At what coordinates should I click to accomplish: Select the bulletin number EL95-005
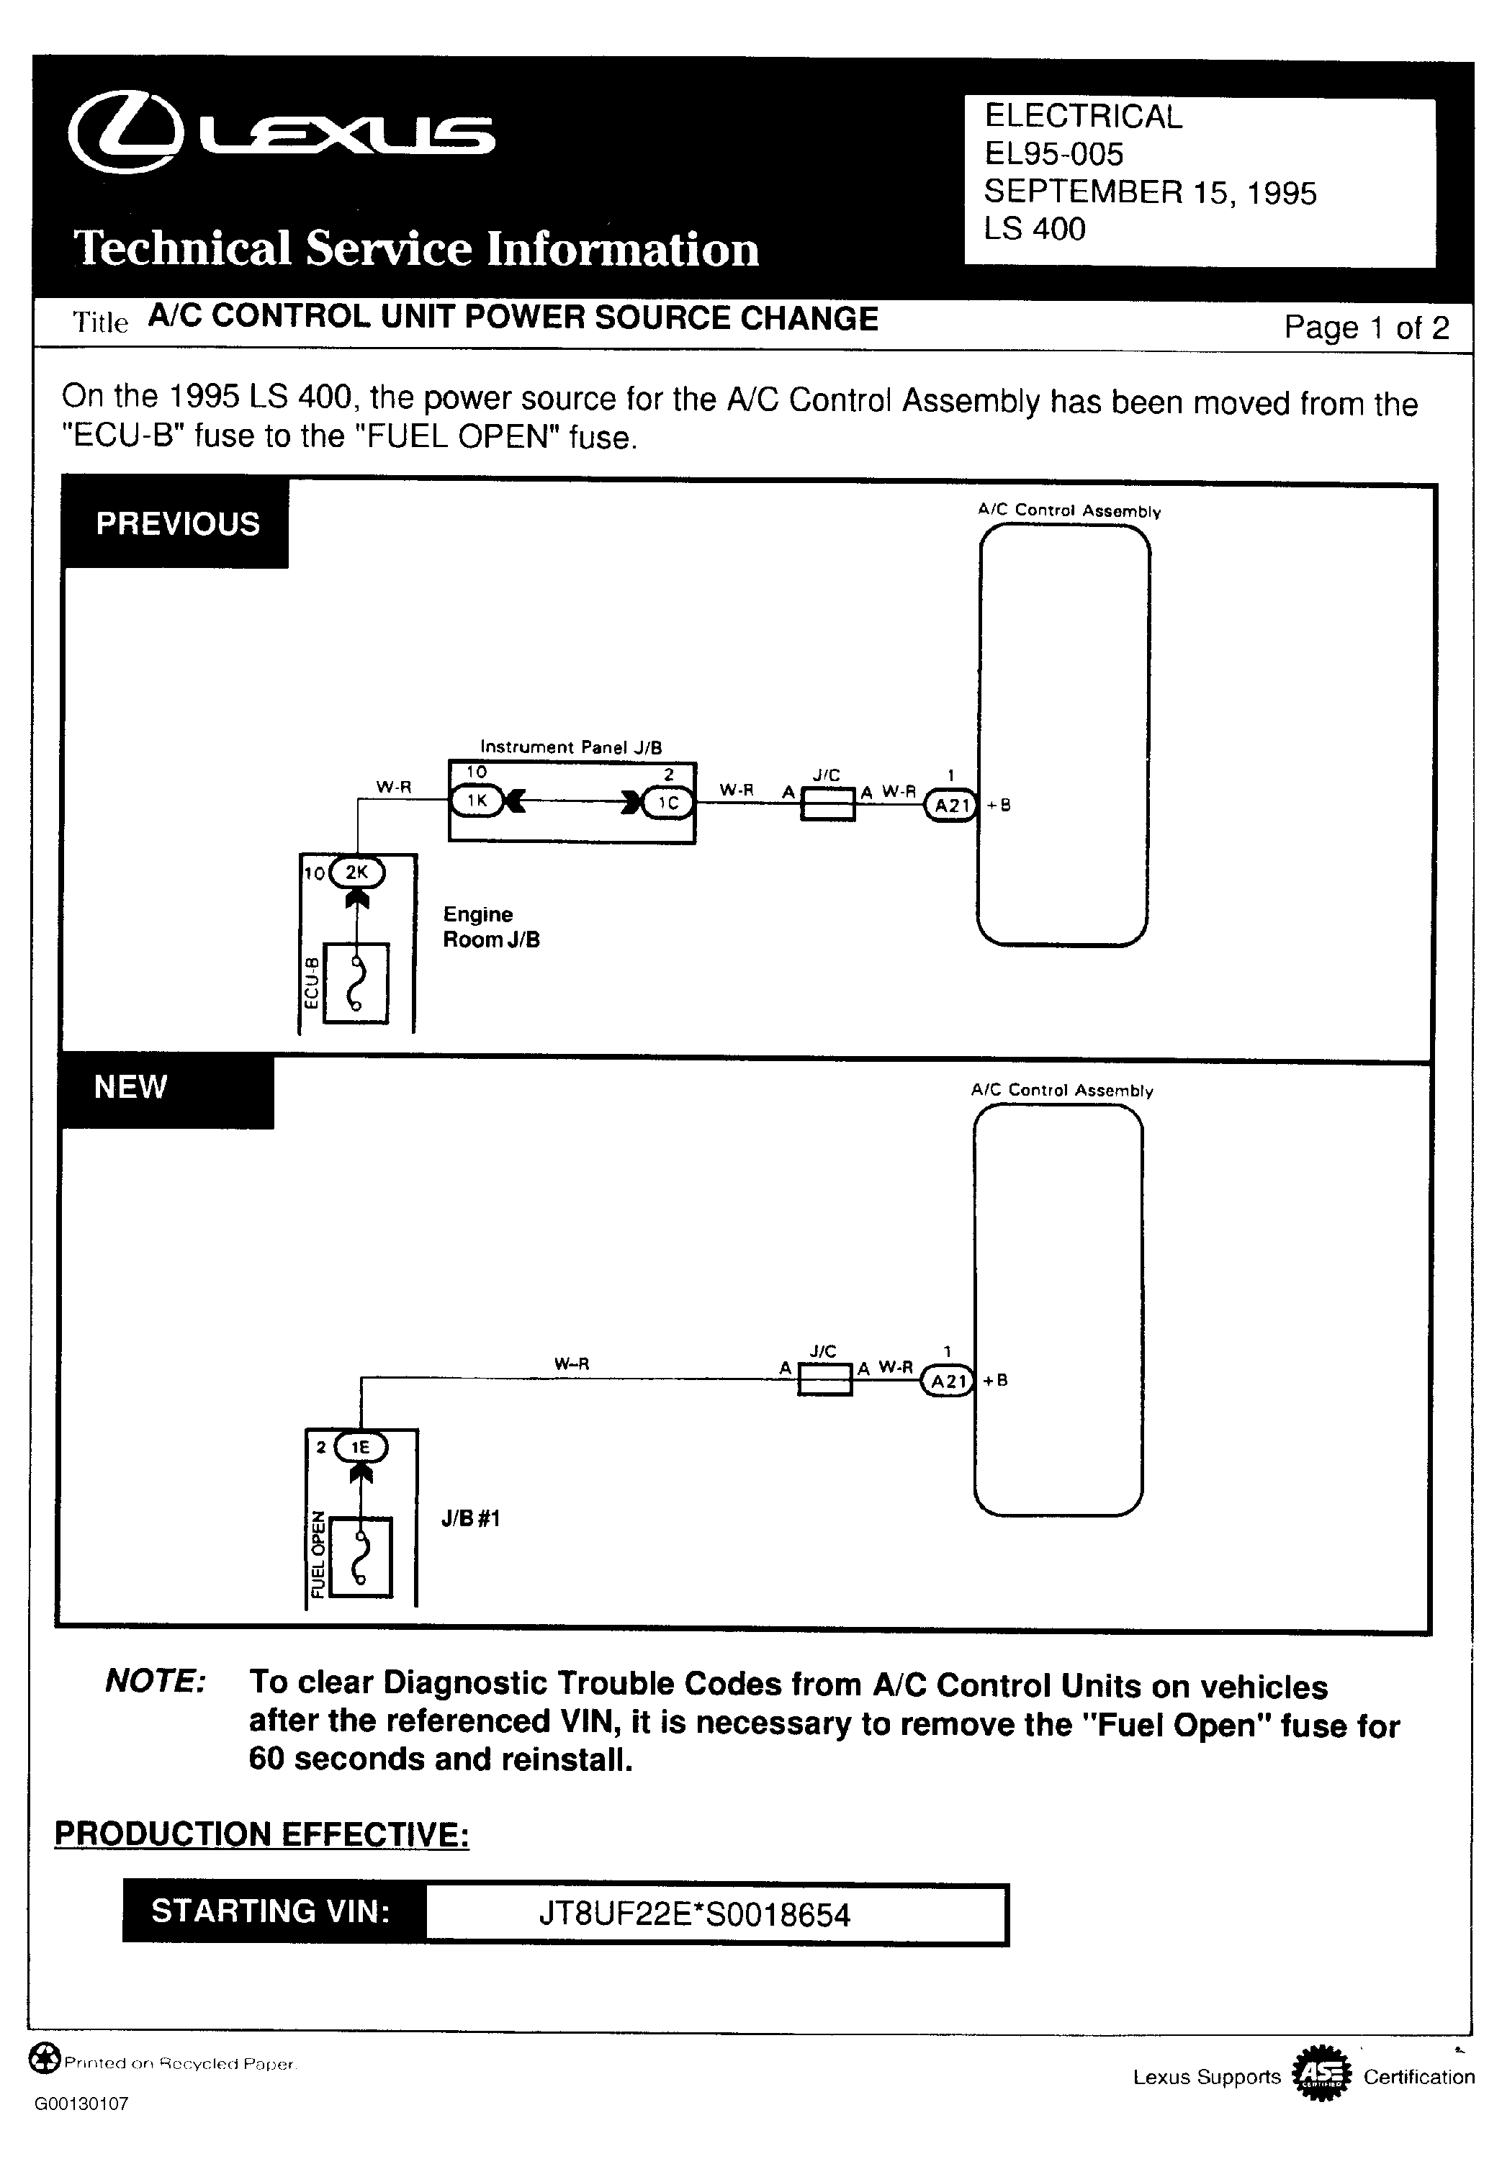pyautogui.click(x=1053, y=154)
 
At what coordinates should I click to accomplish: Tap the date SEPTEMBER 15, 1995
pyautogui.click(x=1149, y=192)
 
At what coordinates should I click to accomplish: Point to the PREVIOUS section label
pyautogui.click(x=177, y=523)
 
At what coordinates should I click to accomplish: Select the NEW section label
pyautogui.click(x=131, y=1087)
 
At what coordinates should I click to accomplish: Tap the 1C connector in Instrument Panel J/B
pyautogui.click(x=667, y=803)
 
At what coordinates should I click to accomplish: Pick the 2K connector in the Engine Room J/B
pyautogui.click(x=356, y=873)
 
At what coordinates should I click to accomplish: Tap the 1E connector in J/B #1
pyautogui.click(x=361, y=1447)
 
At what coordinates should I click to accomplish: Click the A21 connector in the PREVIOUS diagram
pyautogui.click(x=950, y=806)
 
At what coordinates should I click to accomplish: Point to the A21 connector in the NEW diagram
pyautogui.click(x=947, y=1381)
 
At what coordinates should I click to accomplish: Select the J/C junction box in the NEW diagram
pyautogui.click(x=824, y=1379)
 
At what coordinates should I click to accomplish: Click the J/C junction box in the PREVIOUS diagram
pyautogui.click(x=827, y=804)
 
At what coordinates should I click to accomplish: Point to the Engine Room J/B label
pyautogui.click(x=490, y=927)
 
